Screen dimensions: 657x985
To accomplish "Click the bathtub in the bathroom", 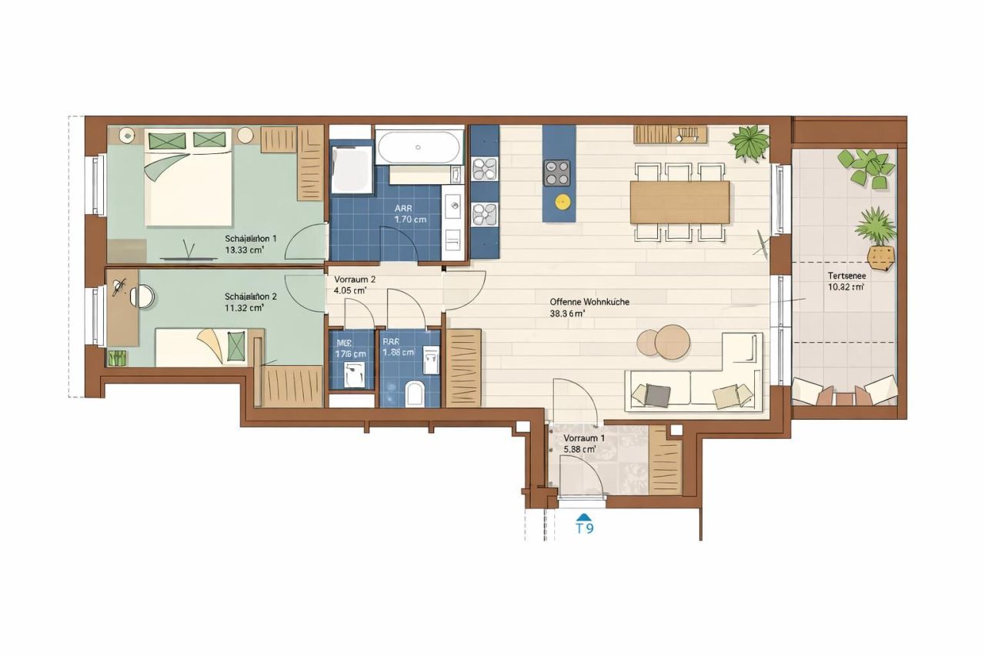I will coord(419,146).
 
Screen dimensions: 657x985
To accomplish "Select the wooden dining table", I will coord(679,202).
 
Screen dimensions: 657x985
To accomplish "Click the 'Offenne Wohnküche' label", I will coord(589,302).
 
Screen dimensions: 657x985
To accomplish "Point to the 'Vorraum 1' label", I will coord(583,437).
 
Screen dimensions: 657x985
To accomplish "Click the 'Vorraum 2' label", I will coord(355,280).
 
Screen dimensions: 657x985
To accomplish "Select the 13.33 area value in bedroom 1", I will coord(245,250).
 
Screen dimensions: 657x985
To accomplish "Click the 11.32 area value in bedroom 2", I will coord(245,307).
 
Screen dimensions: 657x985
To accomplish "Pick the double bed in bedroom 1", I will coord(188,179).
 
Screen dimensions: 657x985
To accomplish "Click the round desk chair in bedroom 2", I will coord(142,297).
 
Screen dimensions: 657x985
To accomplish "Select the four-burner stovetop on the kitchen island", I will coord(557,173).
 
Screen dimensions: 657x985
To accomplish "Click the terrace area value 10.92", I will coord(845,287).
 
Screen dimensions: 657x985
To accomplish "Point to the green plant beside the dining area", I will coord(750,143).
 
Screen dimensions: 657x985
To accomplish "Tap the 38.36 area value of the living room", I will coord(567,313).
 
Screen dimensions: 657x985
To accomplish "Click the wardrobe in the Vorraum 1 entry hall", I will coord(665,461).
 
